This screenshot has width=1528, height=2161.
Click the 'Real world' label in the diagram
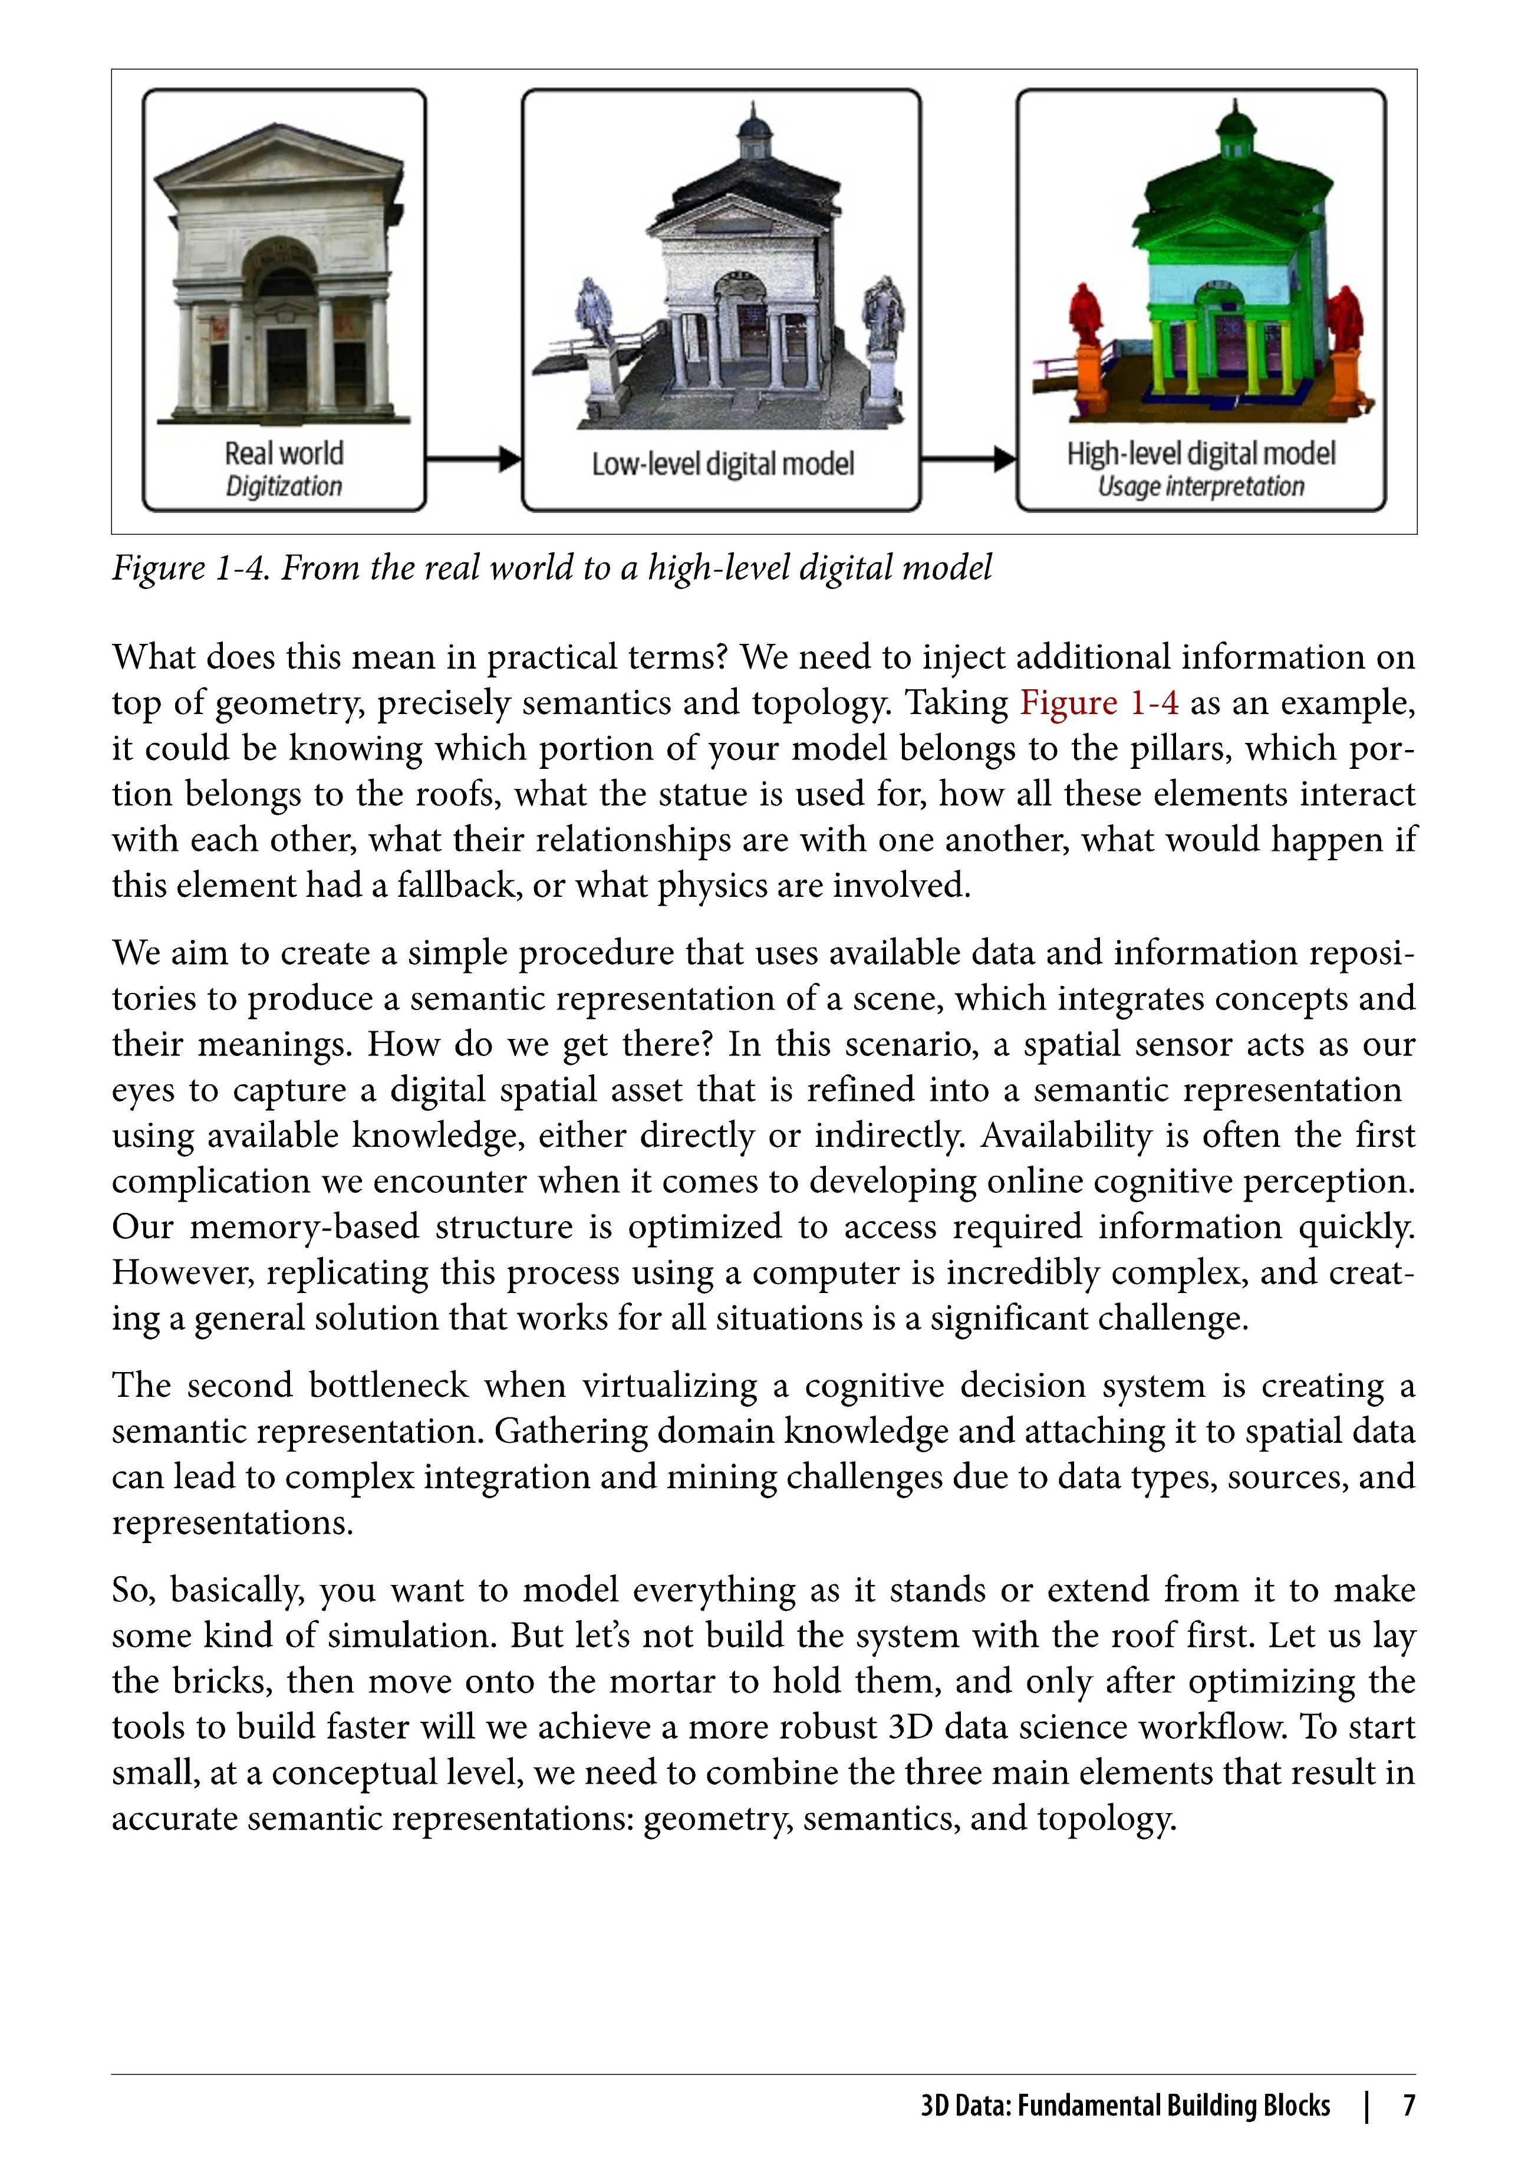(x=283, y=453)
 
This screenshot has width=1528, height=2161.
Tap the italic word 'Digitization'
(x=283, y=486)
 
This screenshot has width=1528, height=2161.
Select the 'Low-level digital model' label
(x=723, y=464)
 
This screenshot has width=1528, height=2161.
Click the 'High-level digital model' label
(x=1201, y=453)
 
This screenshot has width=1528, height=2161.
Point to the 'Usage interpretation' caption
(x=1201, y=486)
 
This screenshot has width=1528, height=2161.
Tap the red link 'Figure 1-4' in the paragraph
(x=1098, y=703)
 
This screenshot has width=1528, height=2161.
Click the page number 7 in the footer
(x=1408, y=2106)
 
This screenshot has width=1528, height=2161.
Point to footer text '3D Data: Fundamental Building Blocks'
(x=1125, y=2106)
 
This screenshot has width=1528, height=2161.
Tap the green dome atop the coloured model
(x=1236, y=127)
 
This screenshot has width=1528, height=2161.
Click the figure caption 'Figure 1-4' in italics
(x=188, y=568)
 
